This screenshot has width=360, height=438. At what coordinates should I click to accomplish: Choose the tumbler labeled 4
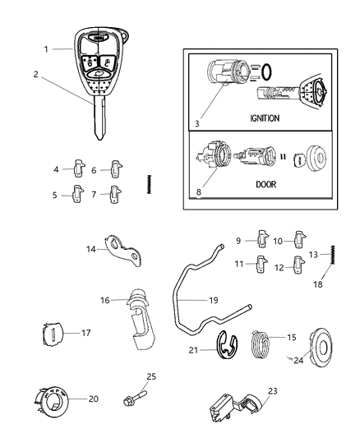pos(79,168)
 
